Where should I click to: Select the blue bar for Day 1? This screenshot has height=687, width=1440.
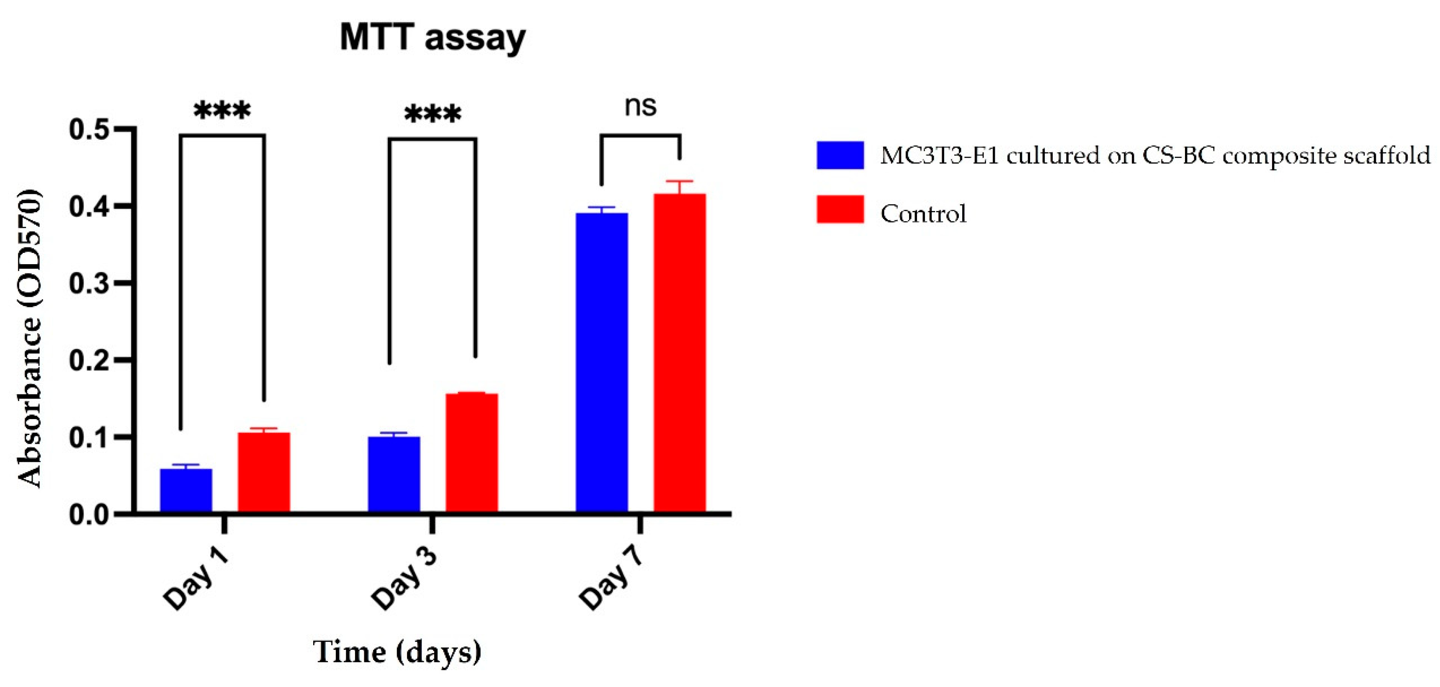pyautogui.click(x=186, y=490)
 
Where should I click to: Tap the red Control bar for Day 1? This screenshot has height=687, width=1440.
pyautogui.click(x=264, y=472)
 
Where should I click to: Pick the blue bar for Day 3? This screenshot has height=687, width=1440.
pyautogui.click(x=394, y=474)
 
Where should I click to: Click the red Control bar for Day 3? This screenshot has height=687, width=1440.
pyautogui.click(x=472, y=453)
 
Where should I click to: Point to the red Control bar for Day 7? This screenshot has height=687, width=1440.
pyautogui.click(x=680, y=353)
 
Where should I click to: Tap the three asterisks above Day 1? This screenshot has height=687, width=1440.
pyautogui.click(x=222, y=112)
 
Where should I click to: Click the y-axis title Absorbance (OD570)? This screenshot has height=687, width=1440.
pyautogui.click(x=29, y=339)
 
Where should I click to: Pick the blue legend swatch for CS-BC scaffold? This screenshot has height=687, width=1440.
pyautogui.click(x=840, y=155)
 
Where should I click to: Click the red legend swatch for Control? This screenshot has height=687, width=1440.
pyautogui.click(x=840, y=210)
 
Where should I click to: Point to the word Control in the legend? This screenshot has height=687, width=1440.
pyautogui.click(x=923, y=214)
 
